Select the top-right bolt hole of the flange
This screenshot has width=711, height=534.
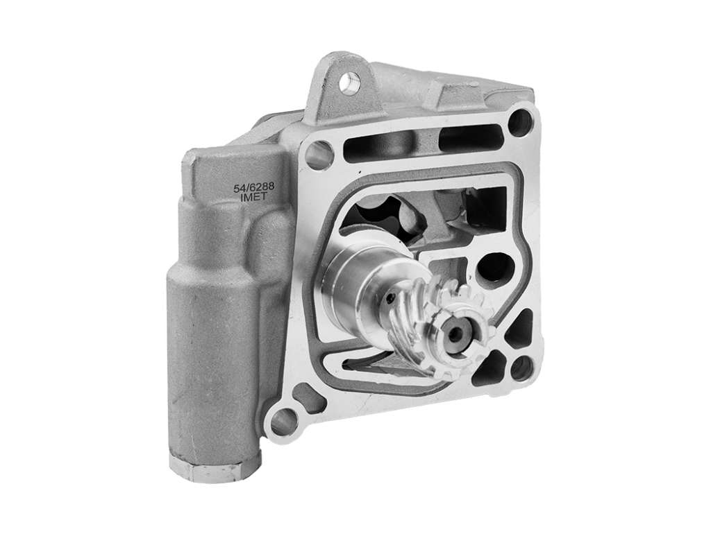coord(519,121)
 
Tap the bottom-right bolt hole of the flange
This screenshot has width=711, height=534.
coord(521,367)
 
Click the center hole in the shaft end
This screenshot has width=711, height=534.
coord(457,334)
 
